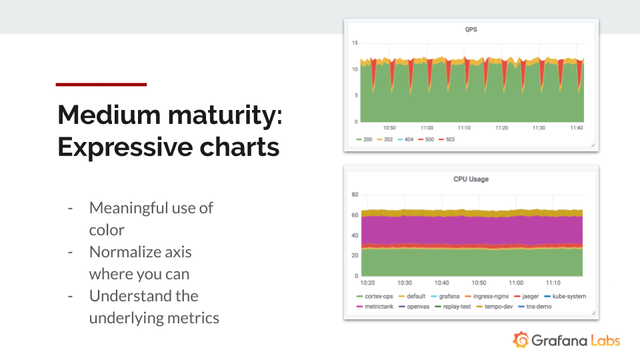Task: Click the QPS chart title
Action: click(x=471, y=29)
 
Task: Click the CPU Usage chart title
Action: click(x=471, y=179)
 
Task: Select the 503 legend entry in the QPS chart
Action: click(x=447, y=139)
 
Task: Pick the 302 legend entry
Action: click(x=385, y=139)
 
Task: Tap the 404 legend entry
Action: click(x=405, y=139)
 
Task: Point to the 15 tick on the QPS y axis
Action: click(x=355, y=43)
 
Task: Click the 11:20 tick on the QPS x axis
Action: click(x=501, y=128)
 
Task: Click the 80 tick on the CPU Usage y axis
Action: click(x=355, y=195)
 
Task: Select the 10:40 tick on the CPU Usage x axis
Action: click(x=441, y=283)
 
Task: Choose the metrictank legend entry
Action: click(x=375, y=307)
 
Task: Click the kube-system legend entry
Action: click(x=565, y=296)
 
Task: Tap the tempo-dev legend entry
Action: click(x=494, y=307)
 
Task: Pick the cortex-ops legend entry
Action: click(x=375, y=296)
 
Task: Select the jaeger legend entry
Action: click(x=527, y=296)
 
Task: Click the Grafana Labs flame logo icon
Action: click(x=521, y=340)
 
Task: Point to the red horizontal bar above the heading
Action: click(x=101, y=85)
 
